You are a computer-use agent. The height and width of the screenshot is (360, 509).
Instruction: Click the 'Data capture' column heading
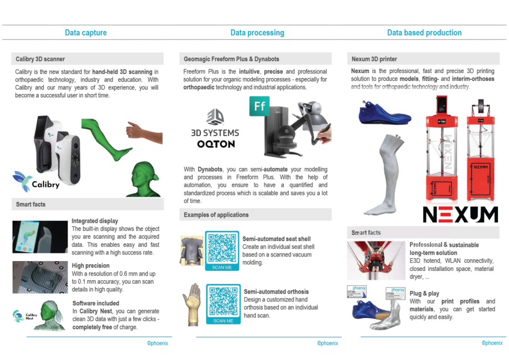pos(86,33)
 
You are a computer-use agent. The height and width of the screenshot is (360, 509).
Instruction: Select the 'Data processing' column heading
pos(257,33)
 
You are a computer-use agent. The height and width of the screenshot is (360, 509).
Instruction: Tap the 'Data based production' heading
pos(424,33)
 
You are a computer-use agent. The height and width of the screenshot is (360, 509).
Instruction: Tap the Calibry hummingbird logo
pos(23,178)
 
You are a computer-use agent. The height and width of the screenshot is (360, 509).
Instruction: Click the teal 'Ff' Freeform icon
pos(259,106)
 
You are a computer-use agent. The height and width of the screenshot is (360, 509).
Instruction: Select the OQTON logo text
pos(216,144)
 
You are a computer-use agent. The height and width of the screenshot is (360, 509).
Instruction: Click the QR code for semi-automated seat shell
pos(222,248)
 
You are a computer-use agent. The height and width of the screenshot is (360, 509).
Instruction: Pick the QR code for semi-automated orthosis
pos(223,301)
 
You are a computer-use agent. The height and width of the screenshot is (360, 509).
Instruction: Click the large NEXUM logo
pos(460,214)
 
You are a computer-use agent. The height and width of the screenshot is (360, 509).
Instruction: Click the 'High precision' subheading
pos(91,265)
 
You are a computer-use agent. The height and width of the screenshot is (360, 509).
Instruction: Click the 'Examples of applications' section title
pos(216,215)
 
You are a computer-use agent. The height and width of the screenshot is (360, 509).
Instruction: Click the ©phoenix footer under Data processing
pos(328,343)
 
